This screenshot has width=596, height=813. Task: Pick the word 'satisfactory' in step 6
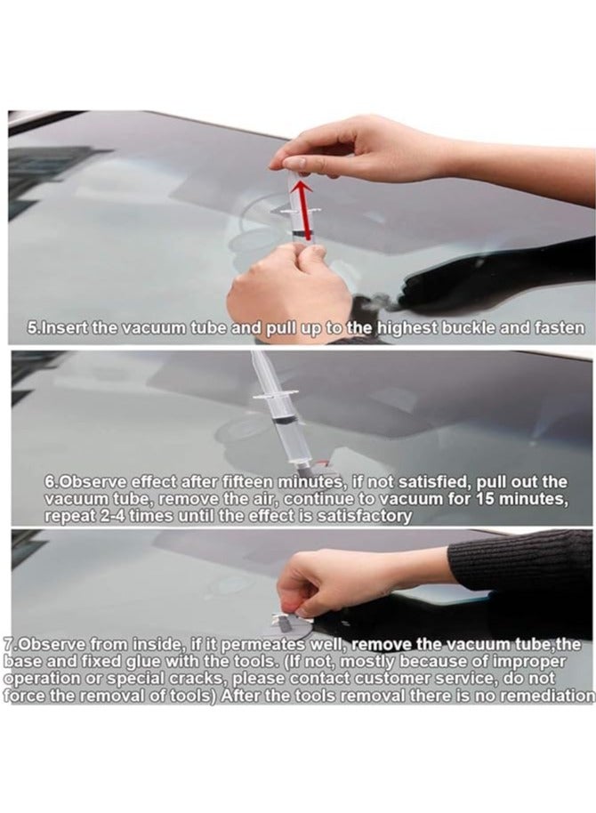(x=364, y=515)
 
